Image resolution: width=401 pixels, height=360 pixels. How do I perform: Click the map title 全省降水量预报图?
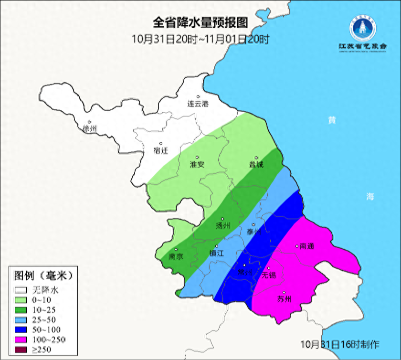[200, 22]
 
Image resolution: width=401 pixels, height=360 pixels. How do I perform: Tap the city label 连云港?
[198, 104]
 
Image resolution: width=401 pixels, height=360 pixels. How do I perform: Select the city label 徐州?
[89, 129]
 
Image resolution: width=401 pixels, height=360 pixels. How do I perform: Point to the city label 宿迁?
[161, 151]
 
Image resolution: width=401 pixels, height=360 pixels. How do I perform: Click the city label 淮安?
[197, 164]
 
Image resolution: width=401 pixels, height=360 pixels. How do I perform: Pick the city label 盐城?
[256, 164]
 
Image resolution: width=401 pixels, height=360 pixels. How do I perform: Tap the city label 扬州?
[223, 225]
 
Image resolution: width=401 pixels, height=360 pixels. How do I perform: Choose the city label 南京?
[176, 256]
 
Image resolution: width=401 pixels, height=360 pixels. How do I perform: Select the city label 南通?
[307, 246]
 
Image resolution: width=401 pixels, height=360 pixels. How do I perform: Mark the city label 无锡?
[269, 275]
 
